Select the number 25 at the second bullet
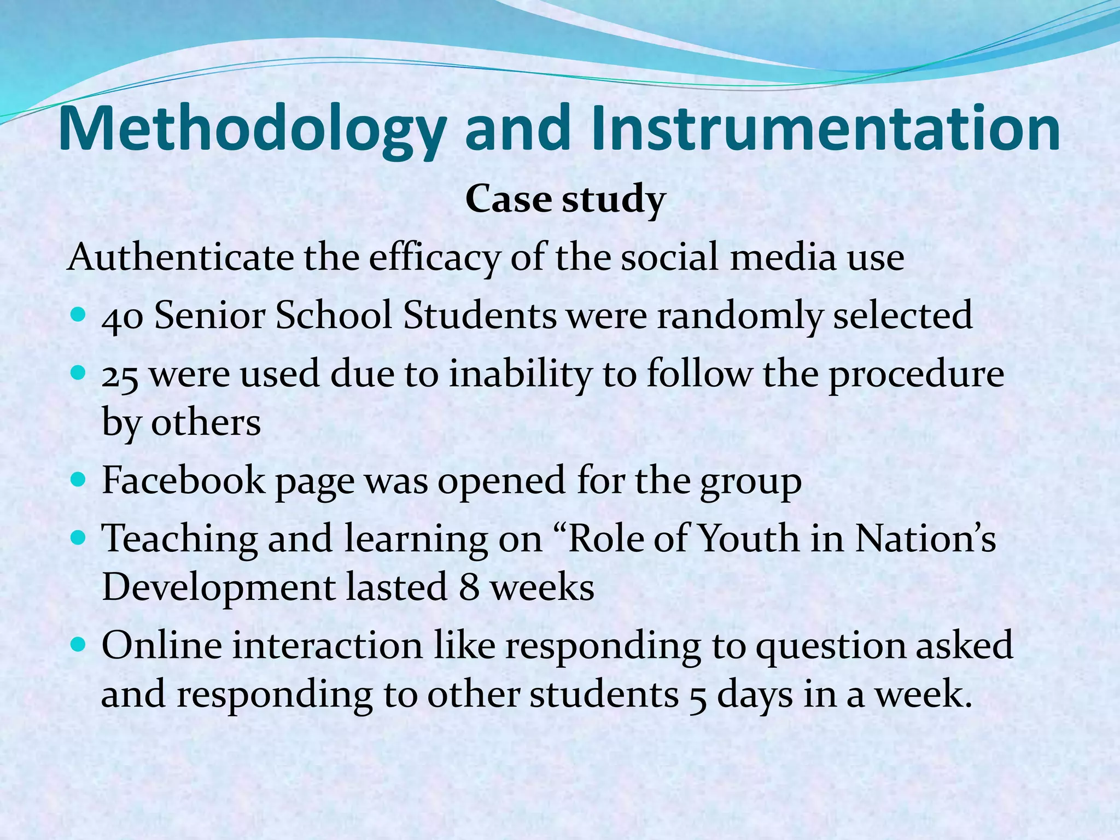coord(120,376)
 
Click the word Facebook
coord(183,480)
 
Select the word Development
coord(219,588)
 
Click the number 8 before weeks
coord(469,588)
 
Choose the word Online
coord(162,645)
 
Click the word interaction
coord(328,645)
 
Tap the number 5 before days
coord(697,696)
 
